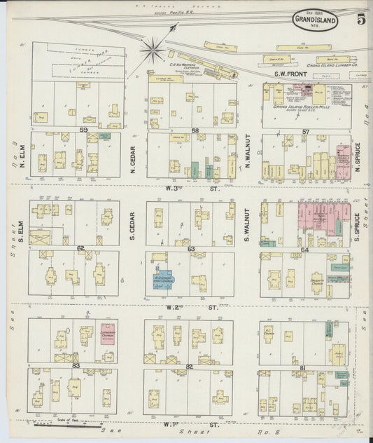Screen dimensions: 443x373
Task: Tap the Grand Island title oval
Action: (315, 21)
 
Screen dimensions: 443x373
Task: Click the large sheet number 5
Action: (360, 19)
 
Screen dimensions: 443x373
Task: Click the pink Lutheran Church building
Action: (107, 332)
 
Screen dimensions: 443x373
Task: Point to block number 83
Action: (75, 365)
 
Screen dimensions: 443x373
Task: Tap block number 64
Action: (304, 250)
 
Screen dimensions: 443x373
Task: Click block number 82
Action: (190, 366)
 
